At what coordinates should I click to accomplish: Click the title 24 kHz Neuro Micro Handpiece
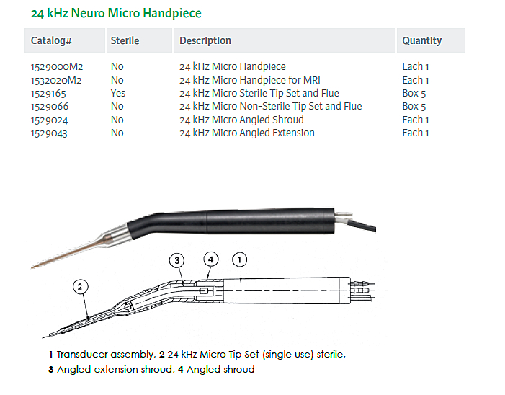[x=116, y=13]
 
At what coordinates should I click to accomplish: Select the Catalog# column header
[x=51, y=40]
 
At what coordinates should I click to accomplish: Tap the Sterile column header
[x=125, y=40]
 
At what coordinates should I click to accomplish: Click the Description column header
[x=205, y=40]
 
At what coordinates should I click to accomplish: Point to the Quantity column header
[x=422, y=40]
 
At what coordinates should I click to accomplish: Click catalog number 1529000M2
[x=57, y=67]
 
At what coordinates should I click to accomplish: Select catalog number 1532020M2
[x=56, y=80]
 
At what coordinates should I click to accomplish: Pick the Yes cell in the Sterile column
[x=118, y=93]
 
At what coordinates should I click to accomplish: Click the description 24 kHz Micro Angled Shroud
[x=241, y=120]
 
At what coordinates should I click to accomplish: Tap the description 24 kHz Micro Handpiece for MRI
[x=249, y=80]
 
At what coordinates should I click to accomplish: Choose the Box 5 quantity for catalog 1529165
[x=414, y=94]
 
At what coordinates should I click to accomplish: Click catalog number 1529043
[x=49, y=133]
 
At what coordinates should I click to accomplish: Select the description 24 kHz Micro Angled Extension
[x=247, y=133]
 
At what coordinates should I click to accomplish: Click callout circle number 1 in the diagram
[x=239, y=259]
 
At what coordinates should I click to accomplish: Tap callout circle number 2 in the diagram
[x=80, y=286]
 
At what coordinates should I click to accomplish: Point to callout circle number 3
[x=176, y=260]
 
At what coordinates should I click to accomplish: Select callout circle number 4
[x=211, y=259]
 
